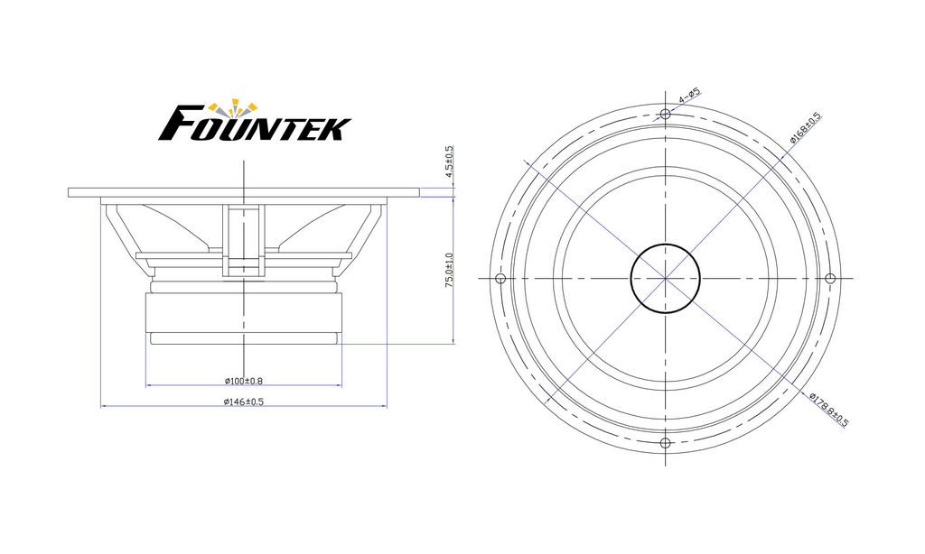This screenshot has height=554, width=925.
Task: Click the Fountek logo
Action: (x=255, y=121)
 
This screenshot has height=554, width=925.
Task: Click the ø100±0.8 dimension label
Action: (x=244, y=381)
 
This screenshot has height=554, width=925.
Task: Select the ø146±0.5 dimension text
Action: (x=244, y=402)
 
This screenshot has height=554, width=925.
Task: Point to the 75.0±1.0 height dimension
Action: (x=449, y=271)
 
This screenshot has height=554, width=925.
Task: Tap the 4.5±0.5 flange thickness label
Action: (x=449, y=162)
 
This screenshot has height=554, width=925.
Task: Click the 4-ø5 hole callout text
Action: (x=689, y=96)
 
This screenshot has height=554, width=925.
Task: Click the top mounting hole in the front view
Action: (x=665, y=114)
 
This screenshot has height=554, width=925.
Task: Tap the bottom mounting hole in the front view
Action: (x=665, y=443)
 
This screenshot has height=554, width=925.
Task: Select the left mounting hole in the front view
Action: (x=500, y=278)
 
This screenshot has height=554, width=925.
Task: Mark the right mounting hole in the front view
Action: (x=829, y=278)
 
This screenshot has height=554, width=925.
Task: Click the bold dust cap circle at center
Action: (x=665, y=244)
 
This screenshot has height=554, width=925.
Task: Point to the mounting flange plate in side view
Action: (x=244, y=192)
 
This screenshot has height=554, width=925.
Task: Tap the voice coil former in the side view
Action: (x=244, y=240)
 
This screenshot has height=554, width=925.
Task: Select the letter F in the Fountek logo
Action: (x=176, y=124)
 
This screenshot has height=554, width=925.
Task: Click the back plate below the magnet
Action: (x=244, y=338)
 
